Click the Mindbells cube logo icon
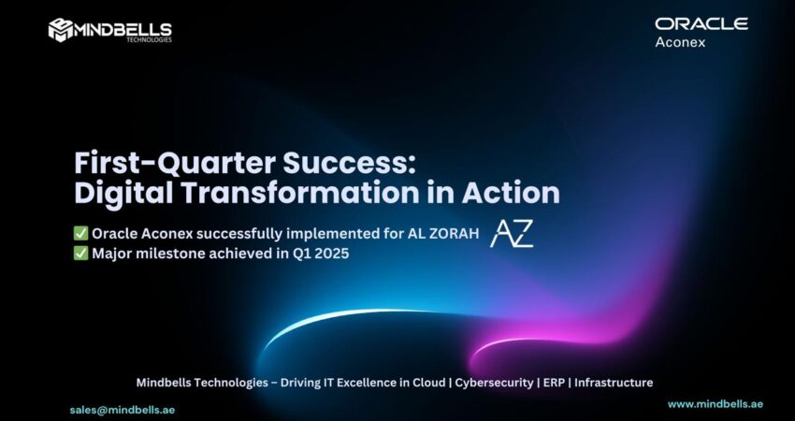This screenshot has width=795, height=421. pos(61,30)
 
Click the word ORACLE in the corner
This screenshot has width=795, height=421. pos(701,23)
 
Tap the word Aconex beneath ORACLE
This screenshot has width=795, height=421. pos(680,42)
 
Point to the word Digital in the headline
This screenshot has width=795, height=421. pos(123,194)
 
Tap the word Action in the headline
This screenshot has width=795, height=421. pos(511,193)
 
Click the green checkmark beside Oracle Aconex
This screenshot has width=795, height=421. pos(80,233)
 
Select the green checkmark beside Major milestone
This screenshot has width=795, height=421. pos(80,254)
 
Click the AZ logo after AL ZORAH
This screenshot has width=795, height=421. pos(512,234)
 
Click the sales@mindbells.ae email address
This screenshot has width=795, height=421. pos(123,410)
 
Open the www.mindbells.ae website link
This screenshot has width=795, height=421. pos(715,404)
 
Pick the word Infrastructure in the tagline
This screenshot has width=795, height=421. pos(614,383)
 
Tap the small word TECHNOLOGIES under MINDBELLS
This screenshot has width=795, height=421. pos(149,39)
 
